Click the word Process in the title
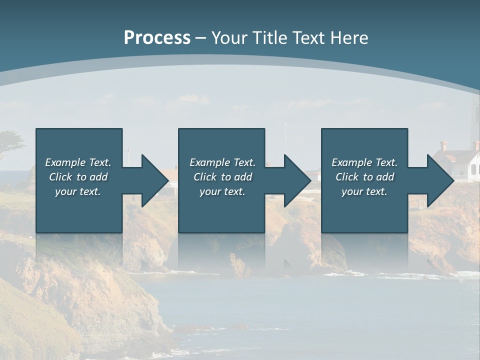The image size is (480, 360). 157,38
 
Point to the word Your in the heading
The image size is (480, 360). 230,38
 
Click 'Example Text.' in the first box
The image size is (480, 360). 78,162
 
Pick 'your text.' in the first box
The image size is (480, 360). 78,191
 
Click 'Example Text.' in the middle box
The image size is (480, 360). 222,162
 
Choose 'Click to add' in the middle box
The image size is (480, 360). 222,177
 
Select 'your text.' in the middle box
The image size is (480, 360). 222,191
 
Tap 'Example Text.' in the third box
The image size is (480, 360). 364,162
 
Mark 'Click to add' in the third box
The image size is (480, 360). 364,177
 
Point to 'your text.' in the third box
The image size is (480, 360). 364,191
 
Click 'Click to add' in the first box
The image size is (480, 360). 78,177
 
